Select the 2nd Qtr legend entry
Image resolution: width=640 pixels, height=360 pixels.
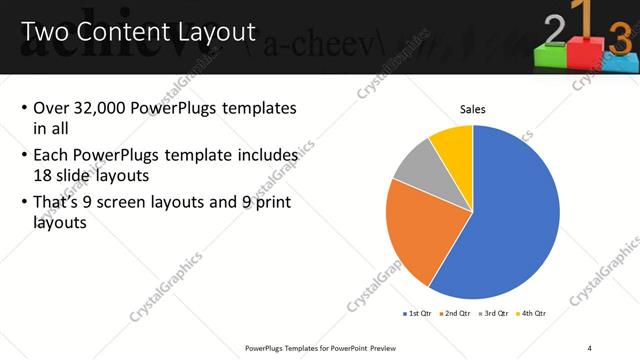coord(458,313)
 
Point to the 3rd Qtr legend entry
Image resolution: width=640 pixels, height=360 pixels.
coord(496,313)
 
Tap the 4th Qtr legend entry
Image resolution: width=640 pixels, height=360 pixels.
coord(532,313)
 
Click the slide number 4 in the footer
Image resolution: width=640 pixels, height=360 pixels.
coord(589,347)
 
